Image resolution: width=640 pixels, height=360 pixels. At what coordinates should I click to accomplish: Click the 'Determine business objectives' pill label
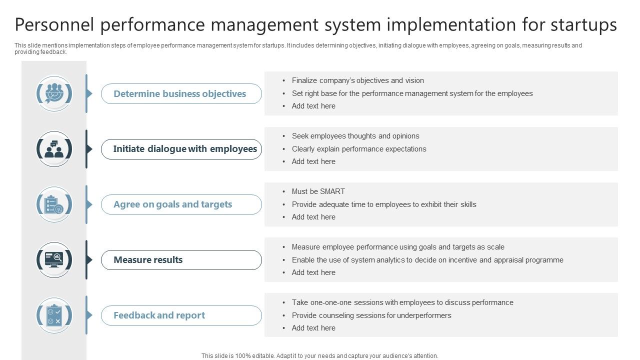click(180, 94)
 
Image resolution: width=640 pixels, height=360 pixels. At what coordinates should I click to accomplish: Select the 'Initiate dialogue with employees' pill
click(185, 149)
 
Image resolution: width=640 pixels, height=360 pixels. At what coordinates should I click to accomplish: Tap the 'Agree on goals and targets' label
click(173, 204)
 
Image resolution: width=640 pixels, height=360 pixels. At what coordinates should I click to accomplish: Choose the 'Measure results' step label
click(148, 260)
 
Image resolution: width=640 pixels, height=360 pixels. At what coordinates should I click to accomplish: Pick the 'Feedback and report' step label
click(159, 315)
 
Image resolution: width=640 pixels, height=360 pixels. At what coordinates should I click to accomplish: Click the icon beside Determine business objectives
click(54, 93)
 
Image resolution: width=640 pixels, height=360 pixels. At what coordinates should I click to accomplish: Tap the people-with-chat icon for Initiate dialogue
click(54, 149)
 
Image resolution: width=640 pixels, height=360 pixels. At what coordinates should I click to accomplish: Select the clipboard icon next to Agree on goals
click(54, 204)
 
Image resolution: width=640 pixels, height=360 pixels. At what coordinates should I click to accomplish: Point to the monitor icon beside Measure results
click(54, 260)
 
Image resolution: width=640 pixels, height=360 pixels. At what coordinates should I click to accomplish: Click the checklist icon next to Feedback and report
click(54, 315)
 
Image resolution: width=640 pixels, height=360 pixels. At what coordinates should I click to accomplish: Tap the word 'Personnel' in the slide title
click(54, 24)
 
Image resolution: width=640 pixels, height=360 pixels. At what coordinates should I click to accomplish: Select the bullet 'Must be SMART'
click(318, 191)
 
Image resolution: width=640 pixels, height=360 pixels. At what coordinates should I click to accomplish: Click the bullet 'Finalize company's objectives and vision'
click(357, 80)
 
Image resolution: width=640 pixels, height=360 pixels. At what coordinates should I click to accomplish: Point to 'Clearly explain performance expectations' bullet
click(359, 149)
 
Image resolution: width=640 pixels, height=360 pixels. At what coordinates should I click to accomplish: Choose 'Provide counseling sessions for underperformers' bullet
click(371, 315)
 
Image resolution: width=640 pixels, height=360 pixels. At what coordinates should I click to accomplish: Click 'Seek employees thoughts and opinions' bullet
click(355, 136)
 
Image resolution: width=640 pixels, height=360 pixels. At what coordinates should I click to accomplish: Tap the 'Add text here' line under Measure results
click(313, 272)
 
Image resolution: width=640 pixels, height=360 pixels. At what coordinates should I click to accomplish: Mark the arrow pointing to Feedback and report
click(89, 315)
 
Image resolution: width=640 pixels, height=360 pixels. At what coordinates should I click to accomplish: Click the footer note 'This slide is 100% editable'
click(320, 356)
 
